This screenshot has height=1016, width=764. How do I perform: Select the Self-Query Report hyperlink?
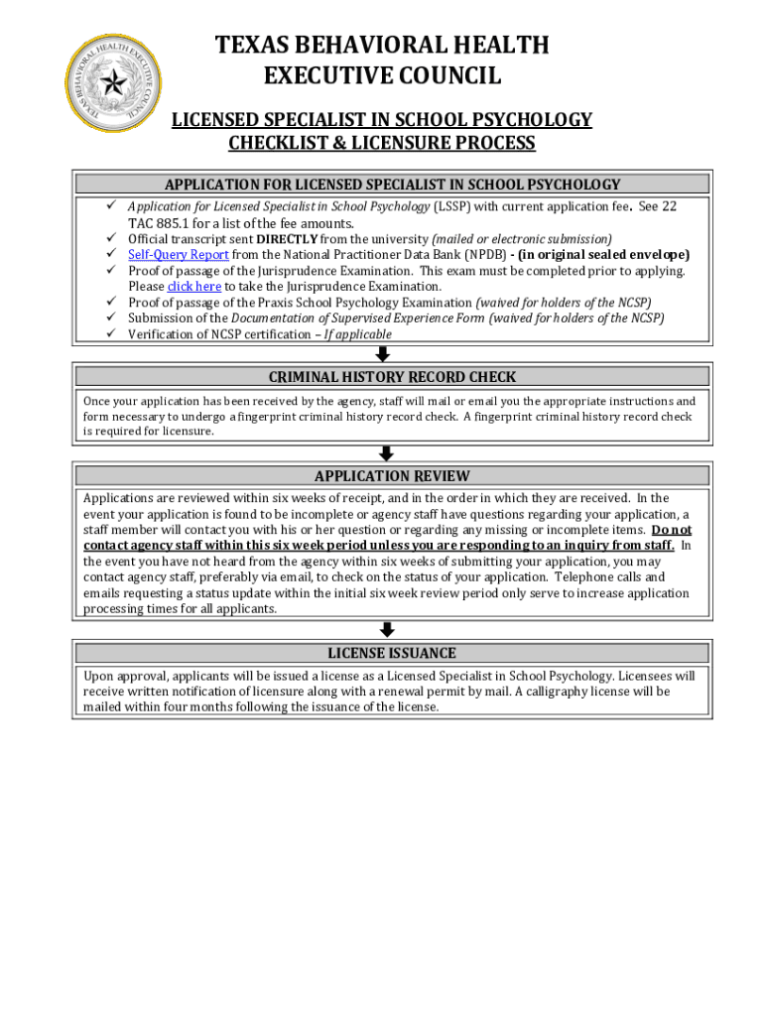click(x=179, y=255)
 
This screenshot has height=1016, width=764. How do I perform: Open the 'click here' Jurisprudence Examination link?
click(x=194, y=287)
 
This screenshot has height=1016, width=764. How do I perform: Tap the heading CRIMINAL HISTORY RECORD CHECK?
click(x=393, y=377)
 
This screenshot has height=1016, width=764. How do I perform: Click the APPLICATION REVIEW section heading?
click(x=392, y=476)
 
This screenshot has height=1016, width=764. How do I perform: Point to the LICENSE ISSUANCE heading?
click(x=392, y=653)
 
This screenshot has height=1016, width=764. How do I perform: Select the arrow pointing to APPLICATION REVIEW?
click(x=387, y=452)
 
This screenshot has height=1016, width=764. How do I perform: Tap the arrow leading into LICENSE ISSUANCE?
click(x=387, y=630)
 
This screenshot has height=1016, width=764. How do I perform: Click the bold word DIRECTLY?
click(x=288, y=239)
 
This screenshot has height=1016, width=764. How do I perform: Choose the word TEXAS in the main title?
click(x=251, y=45)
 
